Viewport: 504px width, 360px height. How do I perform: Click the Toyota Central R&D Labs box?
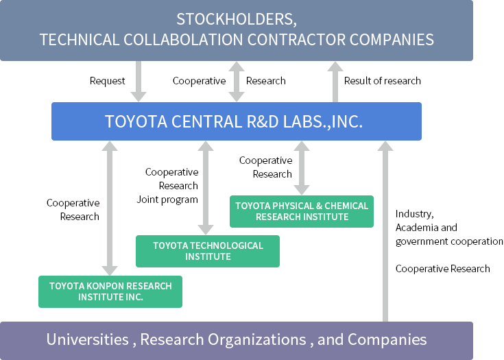[x=237, y=121]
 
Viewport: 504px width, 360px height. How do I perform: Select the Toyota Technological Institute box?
[x=208, y=251]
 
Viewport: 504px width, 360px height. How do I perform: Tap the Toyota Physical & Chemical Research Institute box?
[x=302, y=211]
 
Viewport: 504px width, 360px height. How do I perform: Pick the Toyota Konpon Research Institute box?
[x=110, y=291]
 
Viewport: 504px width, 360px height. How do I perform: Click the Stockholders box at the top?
[x=237, y=29]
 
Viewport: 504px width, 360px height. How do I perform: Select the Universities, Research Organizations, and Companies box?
[x=237, y=339]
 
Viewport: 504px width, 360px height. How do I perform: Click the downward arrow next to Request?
[x=139, y=81]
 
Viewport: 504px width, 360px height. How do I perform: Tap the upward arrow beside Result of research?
[x=335, y=81]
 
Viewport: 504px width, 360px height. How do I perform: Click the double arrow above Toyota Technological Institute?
[x=204, y=187]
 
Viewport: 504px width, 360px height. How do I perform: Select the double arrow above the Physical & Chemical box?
[x=302, y=167]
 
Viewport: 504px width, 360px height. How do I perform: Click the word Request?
[x=108, y=81]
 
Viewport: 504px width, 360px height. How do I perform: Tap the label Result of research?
[x=383, y=81]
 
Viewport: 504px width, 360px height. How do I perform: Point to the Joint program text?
[x=167, y=200]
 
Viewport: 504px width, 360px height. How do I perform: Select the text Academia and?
[x=426, y=228]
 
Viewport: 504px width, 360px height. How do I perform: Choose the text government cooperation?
[x=449, y=241]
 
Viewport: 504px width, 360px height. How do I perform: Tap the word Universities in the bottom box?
[x=87, y=339]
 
